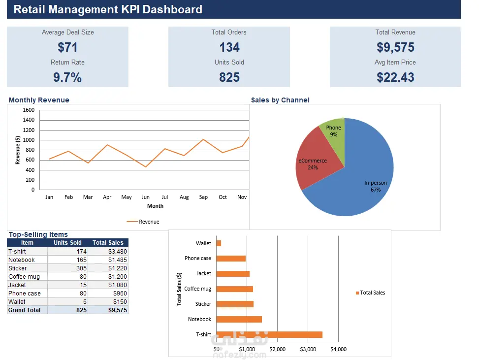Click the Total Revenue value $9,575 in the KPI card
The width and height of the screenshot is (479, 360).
(395, 47)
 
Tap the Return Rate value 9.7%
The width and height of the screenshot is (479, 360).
(67, 77)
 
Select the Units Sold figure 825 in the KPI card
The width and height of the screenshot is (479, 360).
(229, 77)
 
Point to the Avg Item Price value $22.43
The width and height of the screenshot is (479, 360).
(395, 77)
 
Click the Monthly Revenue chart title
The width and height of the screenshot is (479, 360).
(39, 100)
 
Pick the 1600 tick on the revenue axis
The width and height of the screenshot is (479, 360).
(29, 110)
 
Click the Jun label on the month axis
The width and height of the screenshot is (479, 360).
(145, 197)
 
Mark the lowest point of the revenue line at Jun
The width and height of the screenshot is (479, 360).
(146, 167)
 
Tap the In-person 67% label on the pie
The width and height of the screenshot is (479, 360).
(376, 186)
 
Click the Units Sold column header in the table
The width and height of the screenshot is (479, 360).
(67, 243)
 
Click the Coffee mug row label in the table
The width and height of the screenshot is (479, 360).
(24, 277)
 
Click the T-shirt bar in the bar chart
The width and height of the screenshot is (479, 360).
(269, 334)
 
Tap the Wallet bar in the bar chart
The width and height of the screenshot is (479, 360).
(219, 243)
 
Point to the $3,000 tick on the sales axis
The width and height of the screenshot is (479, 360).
(308, 349)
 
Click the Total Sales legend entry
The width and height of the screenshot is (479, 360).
(371, 293)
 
